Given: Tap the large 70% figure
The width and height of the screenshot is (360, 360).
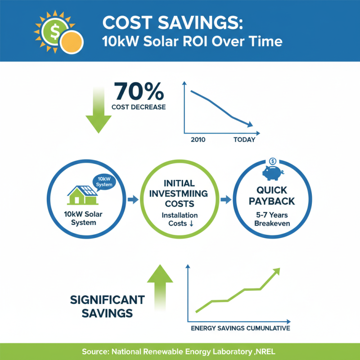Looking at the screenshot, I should [139, 91].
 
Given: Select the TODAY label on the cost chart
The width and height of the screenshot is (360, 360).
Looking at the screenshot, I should [244, 140].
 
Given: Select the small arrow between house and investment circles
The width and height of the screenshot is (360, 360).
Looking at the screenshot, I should [133, 198].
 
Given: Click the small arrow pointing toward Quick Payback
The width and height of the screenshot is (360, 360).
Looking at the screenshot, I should [225, 198].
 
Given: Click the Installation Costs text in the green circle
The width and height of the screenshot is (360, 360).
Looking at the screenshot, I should [180, 219].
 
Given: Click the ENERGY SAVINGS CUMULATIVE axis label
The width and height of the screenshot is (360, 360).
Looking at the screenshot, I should [240, 328].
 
